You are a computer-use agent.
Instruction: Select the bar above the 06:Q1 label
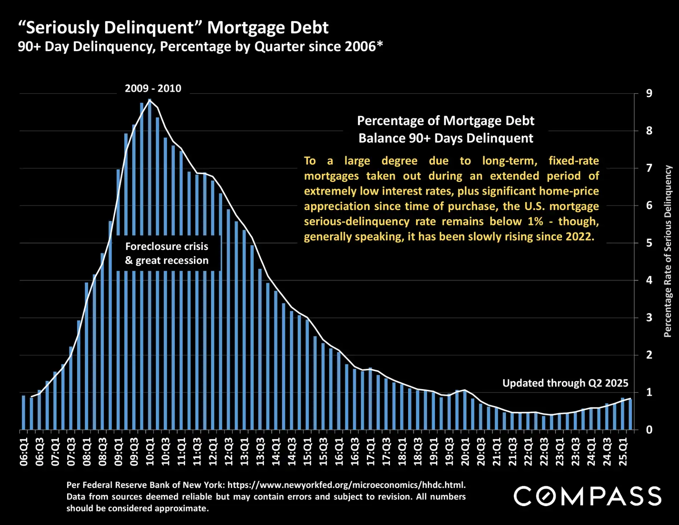point(24,413)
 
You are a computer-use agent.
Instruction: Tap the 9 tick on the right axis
point(649,93)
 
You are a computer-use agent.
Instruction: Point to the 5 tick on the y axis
point(649,243)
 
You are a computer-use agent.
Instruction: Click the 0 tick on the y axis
point(649,430)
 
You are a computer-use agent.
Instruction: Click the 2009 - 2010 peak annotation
point(153,88)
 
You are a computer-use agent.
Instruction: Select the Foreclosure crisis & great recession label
point(167,253)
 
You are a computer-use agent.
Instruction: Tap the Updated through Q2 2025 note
point(565,383)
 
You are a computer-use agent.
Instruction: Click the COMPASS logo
point(587,496)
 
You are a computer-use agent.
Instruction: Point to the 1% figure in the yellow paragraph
point(535,221)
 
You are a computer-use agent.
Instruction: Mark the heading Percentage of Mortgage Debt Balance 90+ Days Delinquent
point(446,129)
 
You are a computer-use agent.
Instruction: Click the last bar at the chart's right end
point(630,414)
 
